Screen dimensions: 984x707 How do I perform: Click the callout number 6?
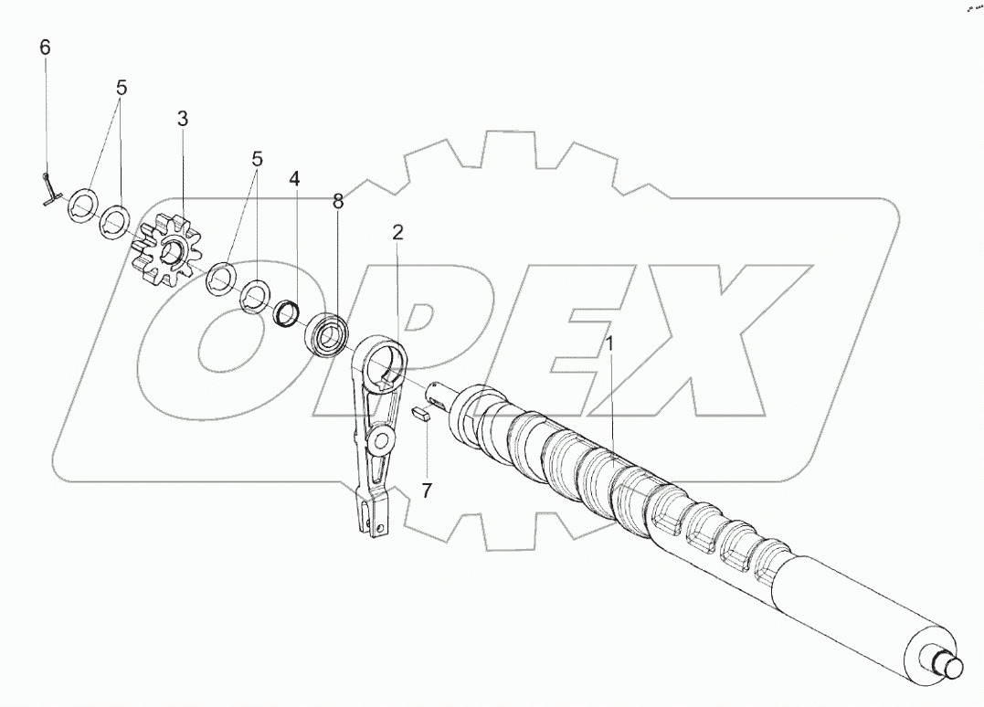(45, 47)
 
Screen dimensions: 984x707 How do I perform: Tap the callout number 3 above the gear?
(182, 119)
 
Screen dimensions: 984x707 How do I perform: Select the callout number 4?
(294, 179)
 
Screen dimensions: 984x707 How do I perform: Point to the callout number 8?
(338, 201)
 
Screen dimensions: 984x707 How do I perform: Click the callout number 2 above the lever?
(397, 233)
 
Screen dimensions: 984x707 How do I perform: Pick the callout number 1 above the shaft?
(608, 344)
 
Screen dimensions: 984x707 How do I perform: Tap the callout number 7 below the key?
(427, 491)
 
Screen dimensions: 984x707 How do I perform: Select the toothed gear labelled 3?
(169, 248)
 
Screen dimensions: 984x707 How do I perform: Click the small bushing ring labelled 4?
(289, 312)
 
